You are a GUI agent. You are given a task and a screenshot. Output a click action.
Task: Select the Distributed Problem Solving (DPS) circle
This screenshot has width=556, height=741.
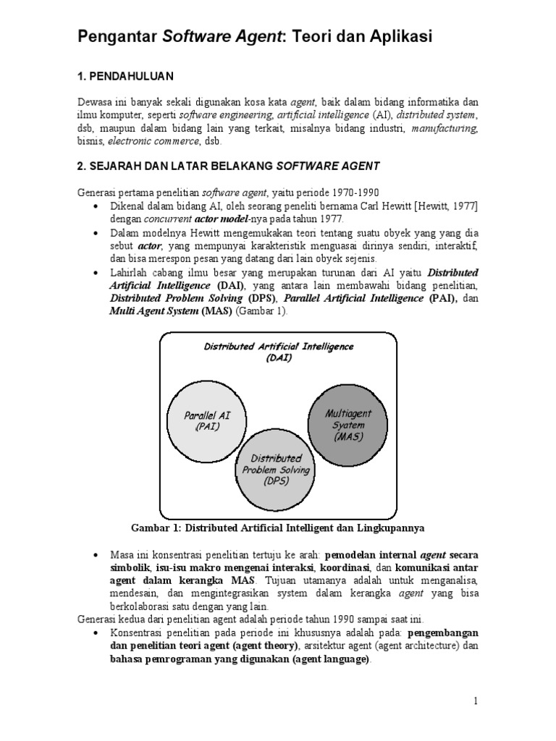point(277,470)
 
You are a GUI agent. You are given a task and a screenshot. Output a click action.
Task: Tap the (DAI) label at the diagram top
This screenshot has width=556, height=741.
point(278,358)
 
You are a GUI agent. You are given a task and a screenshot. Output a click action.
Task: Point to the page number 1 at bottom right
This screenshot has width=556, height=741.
point(476,700)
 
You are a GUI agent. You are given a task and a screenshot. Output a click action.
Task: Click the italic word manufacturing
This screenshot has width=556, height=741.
point(445,128)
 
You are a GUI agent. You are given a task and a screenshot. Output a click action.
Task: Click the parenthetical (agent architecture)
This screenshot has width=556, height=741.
point(400,646)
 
